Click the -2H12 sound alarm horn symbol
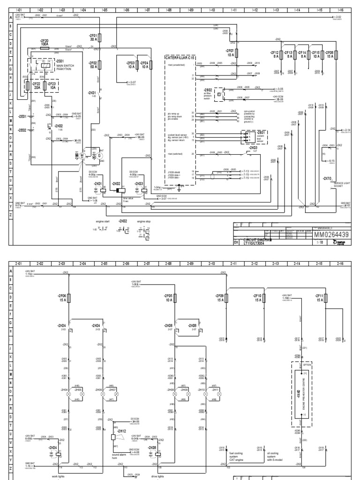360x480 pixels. coord(113,436)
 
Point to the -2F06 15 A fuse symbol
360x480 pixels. coord(69,298)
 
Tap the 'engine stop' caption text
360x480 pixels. coord(142,220)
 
